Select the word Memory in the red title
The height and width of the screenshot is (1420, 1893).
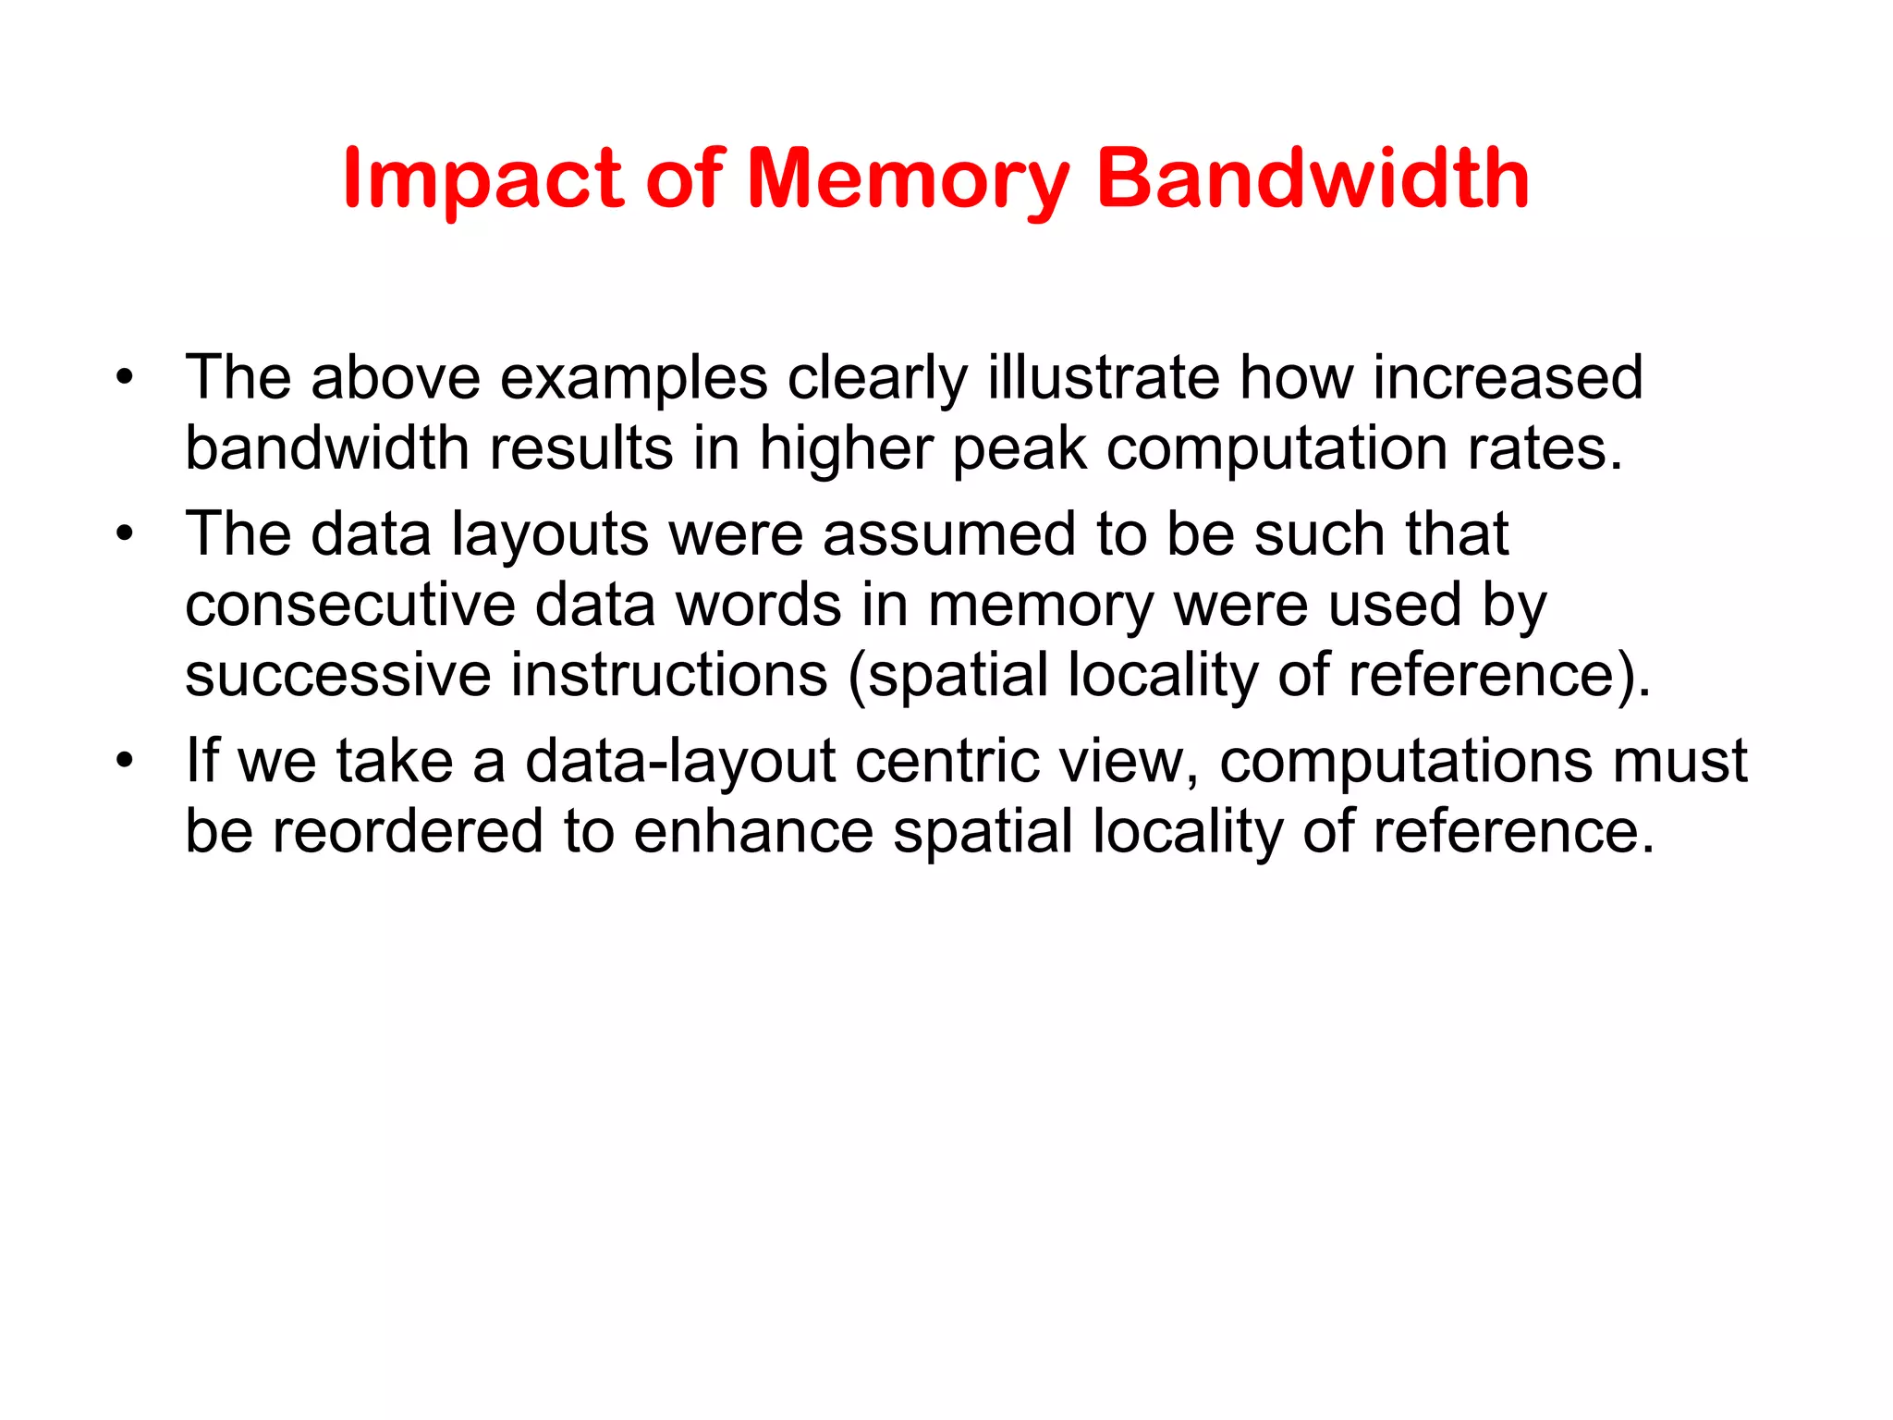click(907, 180)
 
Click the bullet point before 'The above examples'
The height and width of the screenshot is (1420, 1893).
click(125, 378)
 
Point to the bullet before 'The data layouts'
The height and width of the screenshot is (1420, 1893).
click(125, 534)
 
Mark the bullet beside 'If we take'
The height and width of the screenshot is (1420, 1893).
click(125, 761)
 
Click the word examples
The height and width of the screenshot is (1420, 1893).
click(633, 378)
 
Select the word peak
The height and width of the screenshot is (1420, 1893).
click(1020, 449)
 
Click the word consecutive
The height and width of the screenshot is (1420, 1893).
click(350, 606)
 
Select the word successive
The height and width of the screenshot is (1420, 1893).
click(337, 675)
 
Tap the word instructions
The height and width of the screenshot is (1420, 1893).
click(669, 675)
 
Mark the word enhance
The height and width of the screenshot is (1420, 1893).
click(753, 831)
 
